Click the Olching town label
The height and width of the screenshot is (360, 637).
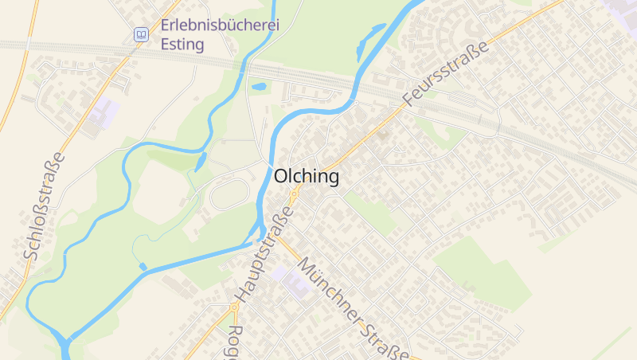tap(307, 177)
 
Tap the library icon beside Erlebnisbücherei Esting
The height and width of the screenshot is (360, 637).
tap(141, 34)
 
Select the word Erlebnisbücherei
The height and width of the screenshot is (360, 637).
tap(220, 25)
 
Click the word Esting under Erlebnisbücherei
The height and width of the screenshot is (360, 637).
tap(182, 44)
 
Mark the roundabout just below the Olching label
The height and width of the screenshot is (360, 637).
tap(295, 193)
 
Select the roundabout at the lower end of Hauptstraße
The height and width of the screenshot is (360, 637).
tap(234, 306)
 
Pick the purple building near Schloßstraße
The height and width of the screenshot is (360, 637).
tap(104, 113)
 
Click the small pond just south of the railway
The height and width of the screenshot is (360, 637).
tap(259, 87)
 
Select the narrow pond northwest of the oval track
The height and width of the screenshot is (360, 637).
tap(200, 161)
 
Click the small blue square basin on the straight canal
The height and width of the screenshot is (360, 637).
tap(143, 266)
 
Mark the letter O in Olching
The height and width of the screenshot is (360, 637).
tap(282, 177)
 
